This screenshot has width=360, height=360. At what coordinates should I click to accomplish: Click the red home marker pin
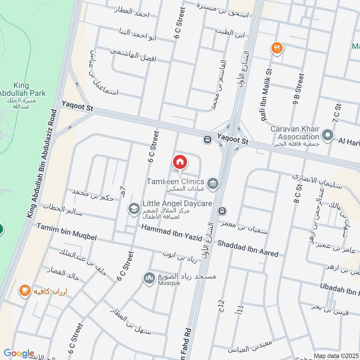pos(180,161)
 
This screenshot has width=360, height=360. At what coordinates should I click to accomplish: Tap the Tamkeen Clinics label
pos(175,182)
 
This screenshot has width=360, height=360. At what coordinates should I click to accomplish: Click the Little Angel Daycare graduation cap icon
pos(133,208)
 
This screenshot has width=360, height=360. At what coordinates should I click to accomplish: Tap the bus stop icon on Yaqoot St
pos(207,140)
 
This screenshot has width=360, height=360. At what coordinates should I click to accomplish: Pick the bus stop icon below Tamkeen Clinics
pos(222,211)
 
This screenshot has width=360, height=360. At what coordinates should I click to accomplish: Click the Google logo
pos(19,353)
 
